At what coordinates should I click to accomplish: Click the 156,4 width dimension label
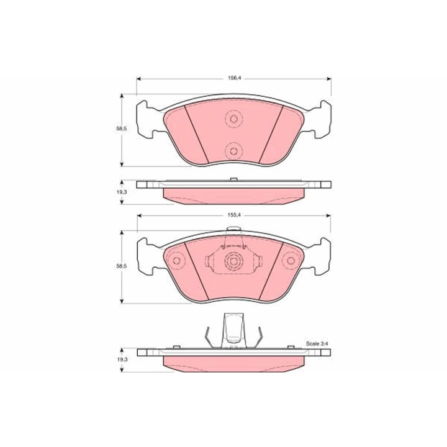234,78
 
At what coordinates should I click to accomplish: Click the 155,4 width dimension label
234,215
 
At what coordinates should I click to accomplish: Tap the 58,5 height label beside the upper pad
121,129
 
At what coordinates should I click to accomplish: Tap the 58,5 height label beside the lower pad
121,266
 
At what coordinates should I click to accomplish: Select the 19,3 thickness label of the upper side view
122,192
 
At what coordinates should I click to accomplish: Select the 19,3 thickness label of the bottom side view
122,359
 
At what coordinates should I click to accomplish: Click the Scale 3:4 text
317,343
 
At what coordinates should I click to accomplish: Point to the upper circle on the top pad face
234,119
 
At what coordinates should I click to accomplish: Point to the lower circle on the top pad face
234,151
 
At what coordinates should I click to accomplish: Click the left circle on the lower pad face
176,261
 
